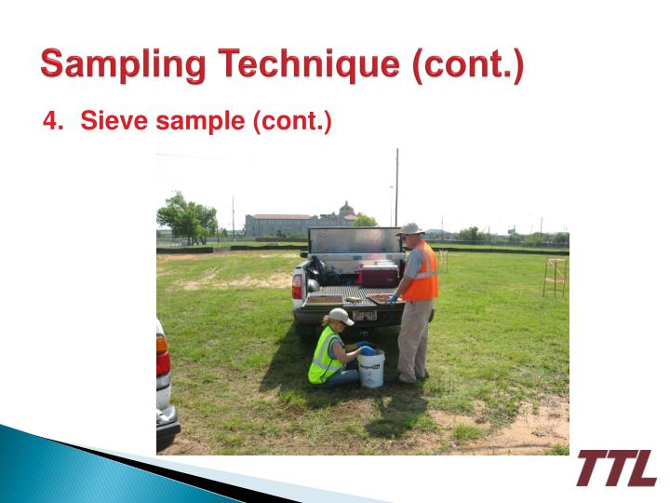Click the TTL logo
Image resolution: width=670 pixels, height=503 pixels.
click(615, 468)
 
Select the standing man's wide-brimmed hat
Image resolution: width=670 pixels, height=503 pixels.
click(410, 228)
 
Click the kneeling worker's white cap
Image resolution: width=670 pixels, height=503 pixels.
click(341, 317)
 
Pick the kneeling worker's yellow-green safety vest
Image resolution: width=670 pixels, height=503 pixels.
click(325, 355)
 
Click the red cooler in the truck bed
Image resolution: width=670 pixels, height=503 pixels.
click(379, 275)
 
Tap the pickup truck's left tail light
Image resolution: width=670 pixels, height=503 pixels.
click(297, 285)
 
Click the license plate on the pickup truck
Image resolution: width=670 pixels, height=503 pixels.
click(363, 315)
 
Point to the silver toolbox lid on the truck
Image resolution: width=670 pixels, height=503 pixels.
click(355, 240)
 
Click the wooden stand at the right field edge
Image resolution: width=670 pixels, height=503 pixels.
click(556, 277)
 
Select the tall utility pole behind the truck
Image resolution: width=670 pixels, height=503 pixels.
click(396, 186)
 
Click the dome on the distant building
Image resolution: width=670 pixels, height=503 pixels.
click(346, 208)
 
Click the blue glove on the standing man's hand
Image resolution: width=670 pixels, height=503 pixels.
click(393, 300)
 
